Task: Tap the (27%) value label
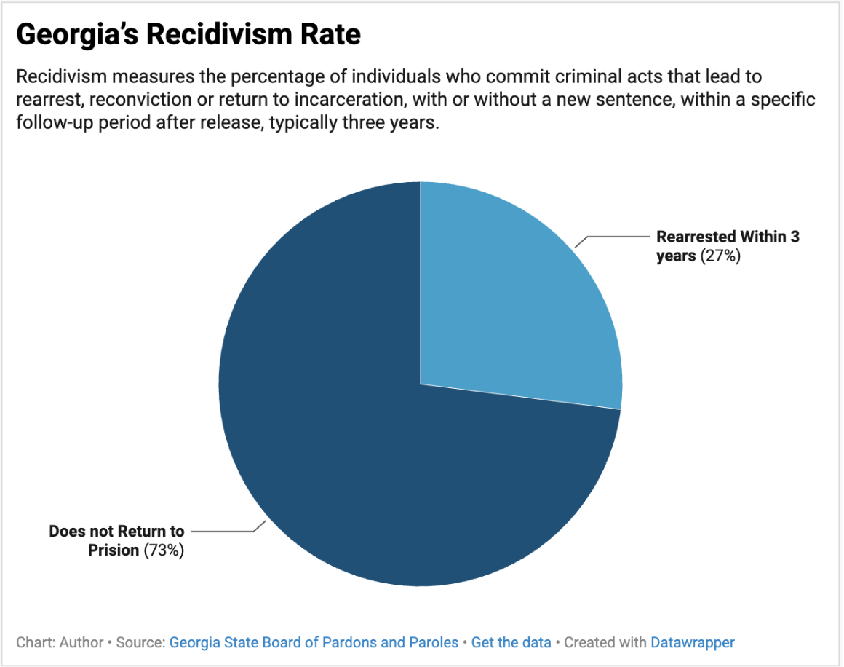click(x=720, y=256)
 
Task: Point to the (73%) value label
click(x=164, y=550)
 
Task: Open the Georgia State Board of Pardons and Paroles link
click(x=314, y=642)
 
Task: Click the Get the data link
click(x=511, y=642)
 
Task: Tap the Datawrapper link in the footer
click(x=692, y=642)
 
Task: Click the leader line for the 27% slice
click(x=615, y=237)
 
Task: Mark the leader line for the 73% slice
click(x=222, y=531)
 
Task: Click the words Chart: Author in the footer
click(x=60, y=642)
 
